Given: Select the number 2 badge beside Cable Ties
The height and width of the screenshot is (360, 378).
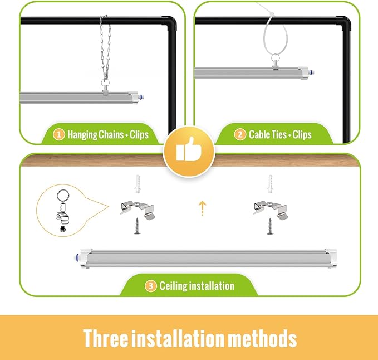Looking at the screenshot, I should point(240,134).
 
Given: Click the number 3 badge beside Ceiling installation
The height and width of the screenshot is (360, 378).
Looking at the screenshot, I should point(150,286).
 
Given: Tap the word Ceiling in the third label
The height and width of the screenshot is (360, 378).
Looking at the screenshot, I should point(173,286).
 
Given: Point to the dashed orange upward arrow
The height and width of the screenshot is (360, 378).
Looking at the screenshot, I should point(203,208).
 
